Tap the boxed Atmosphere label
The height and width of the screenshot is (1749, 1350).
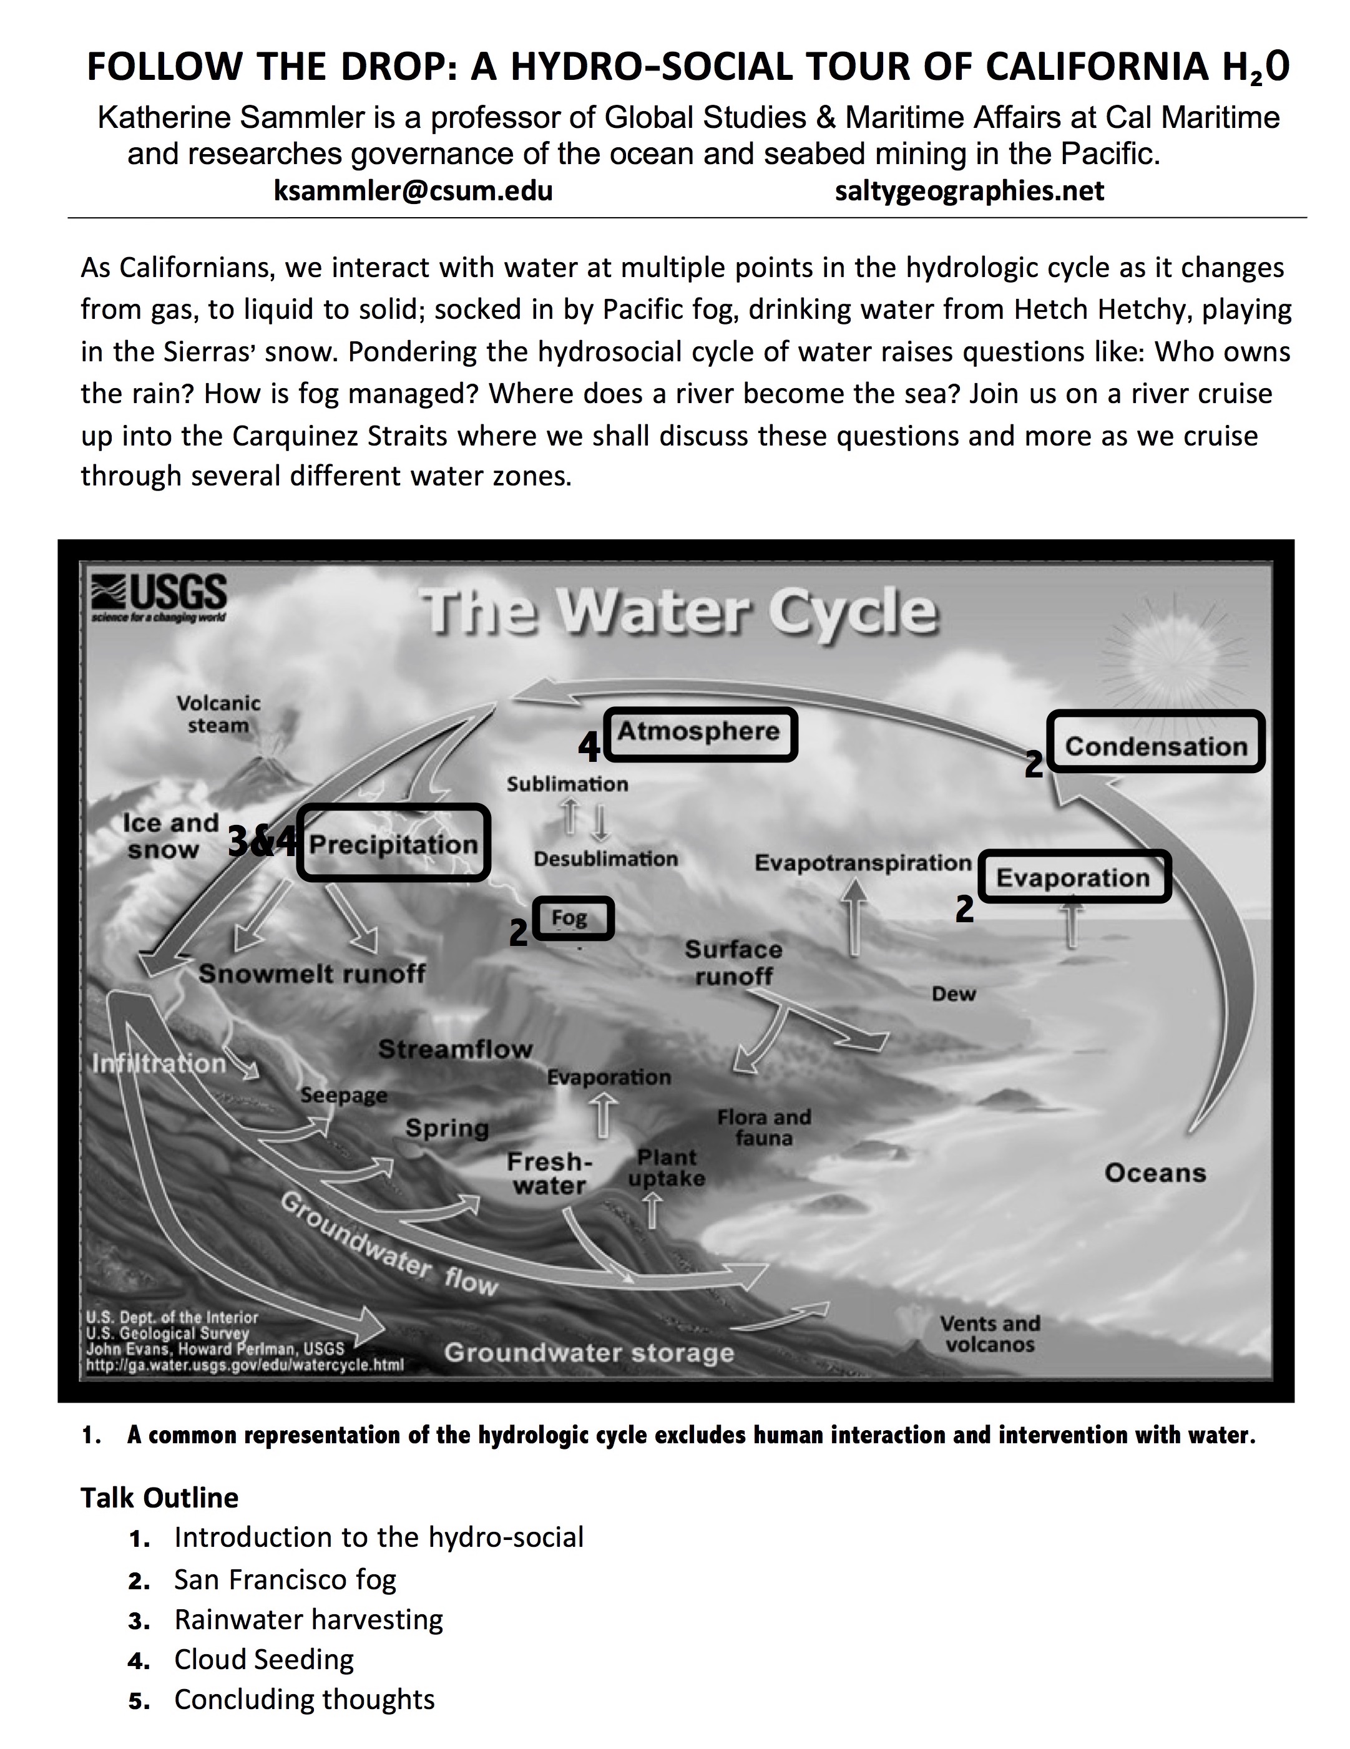point(700,733)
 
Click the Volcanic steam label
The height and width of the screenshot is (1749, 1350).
point(218,714)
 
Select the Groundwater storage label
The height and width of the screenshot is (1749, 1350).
point(589,1353)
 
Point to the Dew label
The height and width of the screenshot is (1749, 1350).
point(954,994)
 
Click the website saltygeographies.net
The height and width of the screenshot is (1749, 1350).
point(969,190)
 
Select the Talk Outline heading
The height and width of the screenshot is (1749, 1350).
point(159,1498)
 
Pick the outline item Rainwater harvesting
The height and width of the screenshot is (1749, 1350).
point(308,1619)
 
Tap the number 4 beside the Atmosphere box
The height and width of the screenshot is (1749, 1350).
point(589,747)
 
